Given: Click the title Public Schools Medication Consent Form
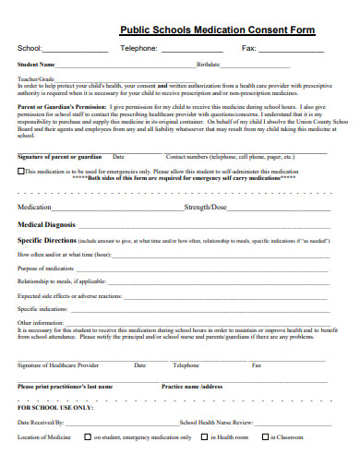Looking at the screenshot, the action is [x=217, y=30].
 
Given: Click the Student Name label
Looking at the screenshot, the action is [x=37, y=66].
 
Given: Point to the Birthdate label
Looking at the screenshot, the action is [x=209, y=66].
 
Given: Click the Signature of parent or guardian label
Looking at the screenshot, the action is [x=59, y=157].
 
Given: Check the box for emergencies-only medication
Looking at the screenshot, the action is [x=21, y=171].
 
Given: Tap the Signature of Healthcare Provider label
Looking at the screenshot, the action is [x=58, y=364].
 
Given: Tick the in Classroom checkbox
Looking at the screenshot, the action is [x=262, y=436].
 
